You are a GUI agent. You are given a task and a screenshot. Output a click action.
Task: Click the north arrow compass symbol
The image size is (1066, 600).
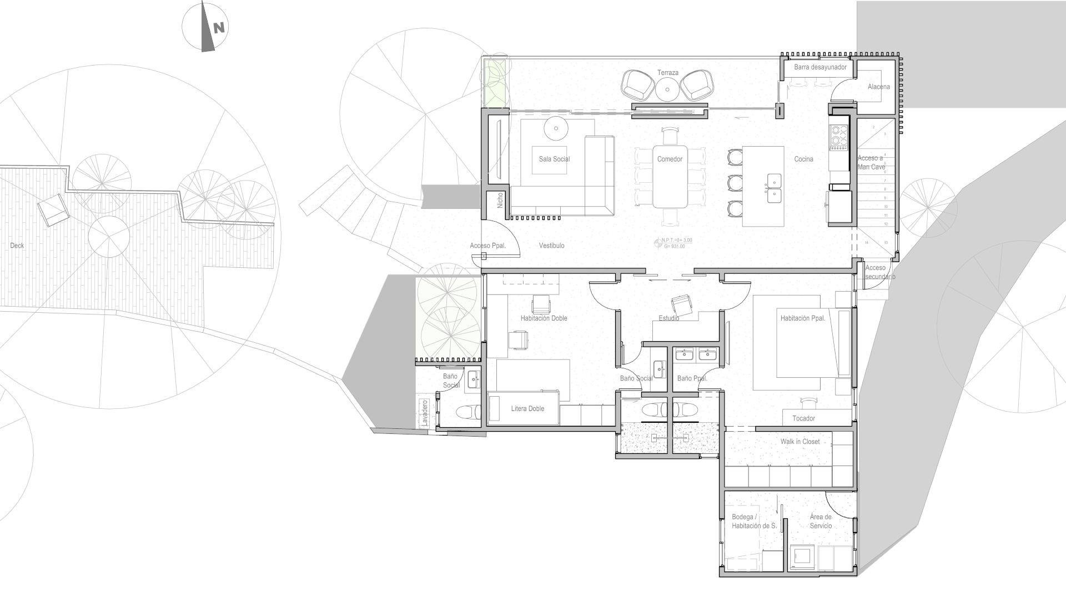pos(206,27)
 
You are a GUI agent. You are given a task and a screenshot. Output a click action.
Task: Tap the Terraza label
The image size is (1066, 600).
pos(667,73)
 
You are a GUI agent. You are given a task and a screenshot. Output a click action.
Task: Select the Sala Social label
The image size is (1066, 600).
pos(554,159)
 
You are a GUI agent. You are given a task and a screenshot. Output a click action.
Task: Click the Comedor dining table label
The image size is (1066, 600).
pos(670,159)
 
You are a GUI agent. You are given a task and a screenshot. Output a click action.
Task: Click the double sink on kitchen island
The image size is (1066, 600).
pos(774,188)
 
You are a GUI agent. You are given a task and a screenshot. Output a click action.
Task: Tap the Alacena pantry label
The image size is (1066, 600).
pos(878,87)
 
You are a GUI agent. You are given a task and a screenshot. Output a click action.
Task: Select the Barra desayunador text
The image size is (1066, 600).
pos(820,67)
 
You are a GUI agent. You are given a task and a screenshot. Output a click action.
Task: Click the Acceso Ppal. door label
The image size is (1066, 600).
pos(487,246)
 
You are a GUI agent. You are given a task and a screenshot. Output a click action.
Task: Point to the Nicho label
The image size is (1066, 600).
pos(500,200)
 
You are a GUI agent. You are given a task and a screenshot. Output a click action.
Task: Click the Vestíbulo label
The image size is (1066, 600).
pos(551,246)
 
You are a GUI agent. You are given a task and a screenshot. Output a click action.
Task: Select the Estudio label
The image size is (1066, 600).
pos(668,318)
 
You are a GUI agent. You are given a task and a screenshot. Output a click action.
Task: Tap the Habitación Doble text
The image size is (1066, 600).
pos(544,318)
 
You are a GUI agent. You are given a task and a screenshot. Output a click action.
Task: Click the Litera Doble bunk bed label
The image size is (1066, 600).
pos(527,408)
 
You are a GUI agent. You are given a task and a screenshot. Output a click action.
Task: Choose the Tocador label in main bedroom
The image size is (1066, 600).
pos(803,418)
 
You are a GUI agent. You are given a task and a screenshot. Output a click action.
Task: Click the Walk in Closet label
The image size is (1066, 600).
pos(799,442)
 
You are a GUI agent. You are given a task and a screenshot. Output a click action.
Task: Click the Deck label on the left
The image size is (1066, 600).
pos(17,246)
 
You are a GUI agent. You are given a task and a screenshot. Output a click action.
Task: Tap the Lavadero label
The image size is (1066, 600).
pos(425,413)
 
